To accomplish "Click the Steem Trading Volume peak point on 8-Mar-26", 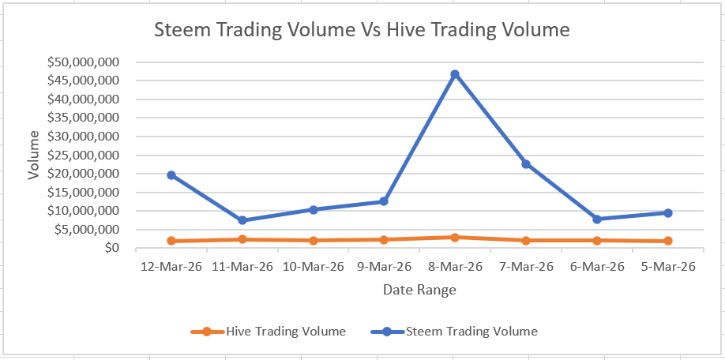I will [x=455, y=74].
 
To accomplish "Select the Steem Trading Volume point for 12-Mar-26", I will [x=171, y=175].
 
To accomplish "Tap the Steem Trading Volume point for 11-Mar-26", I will [x=242, y=220].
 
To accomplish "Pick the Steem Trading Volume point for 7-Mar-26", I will [x=526, y=164].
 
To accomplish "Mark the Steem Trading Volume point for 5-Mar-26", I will [x=668, y=213].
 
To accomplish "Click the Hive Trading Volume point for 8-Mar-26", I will [x=455, y=238].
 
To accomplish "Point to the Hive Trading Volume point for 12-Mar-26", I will [x=171, y=241].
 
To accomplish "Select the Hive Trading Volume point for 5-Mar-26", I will [x=668, y=241].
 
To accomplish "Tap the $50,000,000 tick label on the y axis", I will [x=84, y=62].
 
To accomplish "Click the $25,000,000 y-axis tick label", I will [x=84, y=156].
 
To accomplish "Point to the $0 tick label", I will [x=111, y=248].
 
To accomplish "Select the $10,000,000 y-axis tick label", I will [x=84, y=211].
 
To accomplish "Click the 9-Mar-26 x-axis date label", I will [x=384, y=267].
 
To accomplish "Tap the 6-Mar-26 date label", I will [x=597, y=267].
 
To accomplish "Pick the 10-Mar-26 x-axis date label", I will [x=313, y=267].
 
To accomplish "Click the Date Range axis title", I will [x=419, y=290].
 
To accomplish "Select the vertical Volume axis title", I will [x=34, y=156].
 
